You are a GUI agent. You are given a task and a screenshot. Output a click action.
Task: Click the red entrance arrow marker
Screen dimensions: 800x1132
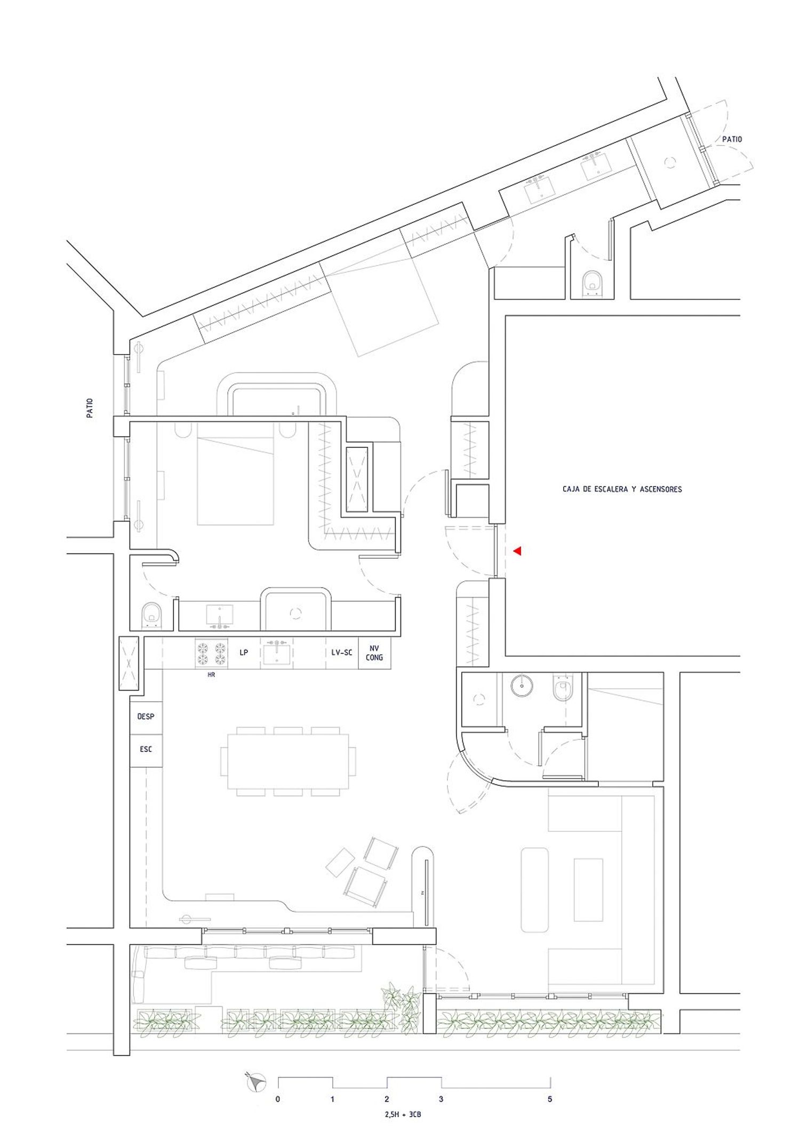pos(517,551)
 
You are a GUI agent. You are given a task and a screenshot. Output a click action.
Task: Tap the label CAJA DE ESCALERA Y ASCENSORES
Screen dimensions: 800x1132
pos(622,489)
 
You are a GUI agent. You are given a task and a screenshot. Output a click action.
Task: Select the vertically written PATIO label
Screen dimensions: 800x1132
pos(90,408)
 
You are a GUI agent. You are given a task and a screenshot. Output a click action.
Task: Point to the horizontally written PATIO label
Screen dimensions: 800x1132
pos(732,139)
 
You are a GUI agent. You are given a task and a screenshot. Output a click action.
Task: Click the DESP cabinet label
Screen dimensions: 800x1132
pos(146,717)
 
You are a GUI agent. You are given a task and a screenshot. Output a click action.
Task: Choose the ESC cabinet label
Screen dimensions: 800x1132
pos(146,749)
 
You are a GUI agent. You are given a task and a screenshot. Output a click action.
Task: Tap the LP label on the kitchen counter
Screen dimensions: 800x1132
pos(244,652)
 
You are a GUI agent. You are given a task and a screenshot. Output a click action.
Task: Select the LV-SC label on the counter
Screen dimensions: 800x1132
pos(342,652)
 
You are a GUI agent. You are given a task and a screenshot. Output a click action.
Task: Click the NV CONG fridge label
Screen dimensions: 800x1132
pos(374,653)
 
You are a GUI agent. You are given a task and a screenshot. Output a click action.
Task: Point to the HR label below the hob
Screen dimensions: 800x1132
pos(211,675)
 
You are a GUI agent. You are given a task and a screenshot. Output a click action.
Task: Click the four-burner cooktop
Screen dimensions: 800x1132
pos(211,653)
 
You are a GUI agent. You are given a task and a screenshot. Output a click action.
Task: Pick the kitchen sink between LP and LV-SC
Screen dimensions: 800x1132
pos(276,653)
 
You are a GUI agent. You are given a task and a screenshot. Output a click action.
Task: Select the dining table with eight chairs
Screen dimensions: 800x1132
pos(289,761)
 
